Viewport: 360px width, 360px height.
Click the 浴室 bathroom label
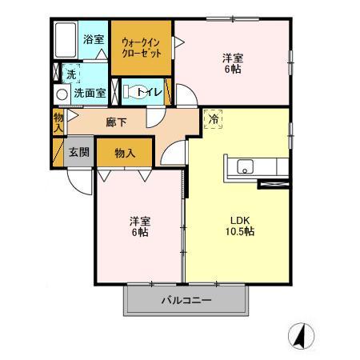click(x=94, y=39)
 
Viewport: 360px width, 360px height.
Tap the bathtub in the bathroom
click(x=66, y=40)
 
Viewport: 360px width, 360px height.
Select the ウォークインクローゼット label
click(x=142, y=48)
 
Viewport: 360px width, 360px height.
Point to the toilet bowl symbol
click(x=134, y=92)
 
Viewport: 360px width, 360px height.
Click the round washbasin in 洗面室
click(x=62, y=94)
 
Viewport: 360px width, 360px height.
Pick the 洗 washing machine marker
click(x=71, y=74)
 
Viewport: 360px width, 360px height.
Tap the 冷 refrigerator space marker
click(x=214, y=119)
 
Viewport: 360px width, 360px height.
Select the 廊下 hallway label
click(x=116, y=122)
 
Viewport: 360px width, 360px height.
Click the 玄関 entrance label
click(x=79, y=152)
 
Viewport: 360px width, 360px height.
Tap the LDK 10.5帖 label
click(x=240, y=226)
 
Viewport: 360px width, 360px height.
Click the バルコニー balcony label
click(x=186, y=300)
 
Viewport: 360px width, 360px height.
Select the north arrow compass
click(x=302, y=336)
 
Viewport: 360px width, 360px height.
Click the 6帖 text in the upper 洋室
click(x=233, y=69)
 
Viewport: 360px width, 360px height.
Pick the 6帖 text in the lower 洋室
click(x=140, y=232)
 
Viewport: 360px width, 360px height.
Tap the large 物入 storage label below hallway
click(x=125, y=153)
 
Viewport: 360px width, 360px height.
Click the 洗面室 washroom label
click(x=90, y=93)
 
